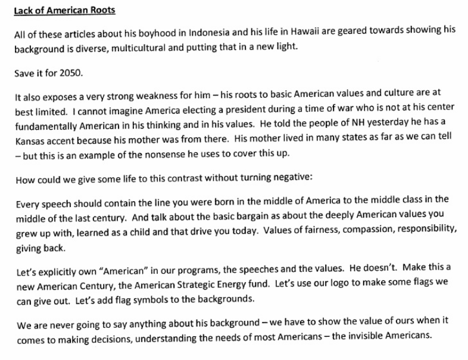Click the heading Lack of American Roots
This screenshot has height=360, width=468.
click(56, 10)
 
